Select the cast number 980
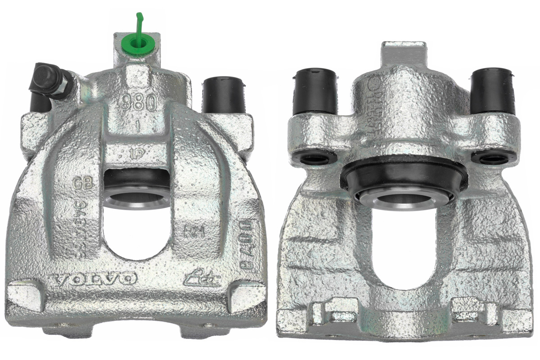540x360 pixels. pyautogui.click(x=139, y=103)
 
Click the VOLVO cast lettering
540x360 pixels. pyautogui.click(x=94, y=279)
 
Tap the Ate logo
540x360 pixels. pyautogui.click(x=203, y=280)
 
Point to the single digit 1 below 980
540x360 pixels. pyautogui.click(x=138, y=126)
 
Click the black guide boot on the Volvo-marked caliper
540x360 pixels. pyautogui.click(x=224, y=95)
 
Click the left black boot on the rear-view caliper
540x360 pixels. pyautogui.click(x=315, y=91)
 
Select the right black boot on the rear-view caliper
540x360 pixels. pyautogui.click(x=493, y=90)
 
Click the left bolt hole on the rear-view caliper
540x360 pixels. pyautogui.click(x=314, y=158)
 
